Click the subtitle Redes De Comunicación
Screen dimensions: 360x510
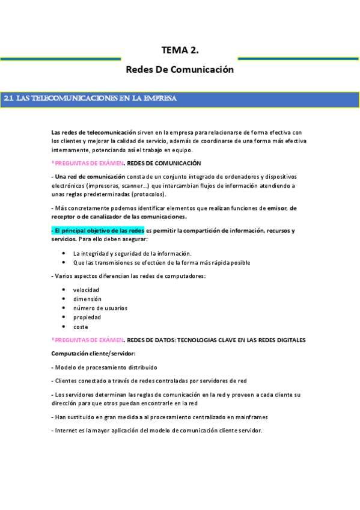pos(180,70)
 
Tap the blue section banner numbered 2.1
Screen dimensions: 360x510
pos(180,99)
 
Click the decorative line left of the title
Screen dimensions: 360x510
pos(60,59)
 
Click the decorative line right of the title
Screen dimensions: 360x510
pos(298,59)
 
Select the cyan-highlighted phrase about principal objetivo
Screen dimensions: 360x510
pos(98,230)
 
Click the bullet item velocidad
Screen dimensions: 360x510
pos(86,290)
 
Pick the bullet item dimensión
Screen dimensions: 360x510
pos(87,299)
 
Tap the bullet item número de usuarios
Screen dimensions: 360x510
pos(100,308)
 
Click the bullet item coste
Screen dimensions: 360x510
pos(81,327)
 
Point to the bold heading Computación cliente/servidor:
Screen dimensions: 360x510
pos(93,352)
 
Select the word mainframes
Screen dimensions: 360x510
pos(251,417)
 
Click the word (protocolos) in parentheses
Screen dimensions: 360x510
pos(147,194)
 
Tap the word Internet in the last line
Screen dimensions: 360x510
pos(66,430)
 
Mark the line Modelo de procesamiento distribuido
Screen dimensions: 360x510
pos(105,367)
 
